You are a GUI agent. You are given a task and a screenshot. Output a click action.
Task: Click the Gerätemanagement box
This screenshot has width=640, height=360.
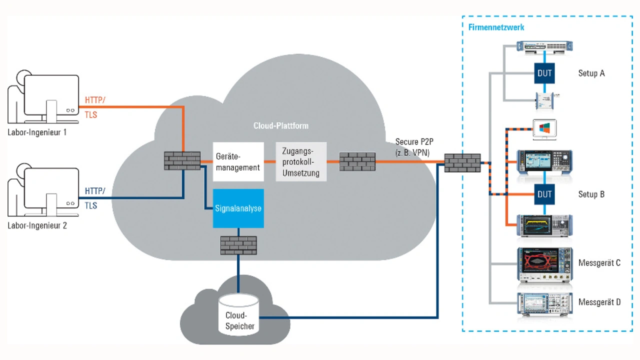(238, 161)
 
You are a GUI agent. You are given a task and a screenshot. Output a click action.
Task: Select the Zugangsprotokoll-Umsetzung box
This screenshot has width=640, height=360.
(301, 161)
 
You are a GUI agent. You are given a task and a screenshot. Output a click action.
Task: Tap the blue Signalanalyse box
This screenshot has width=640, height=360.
(238, 208)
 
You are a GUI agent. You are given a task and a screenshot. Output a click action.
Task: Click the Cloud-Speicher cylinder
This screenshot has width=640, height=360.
(238, 315)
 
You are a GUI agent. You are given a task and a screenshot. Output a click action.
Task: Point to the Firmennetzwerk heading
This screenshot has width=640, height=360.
(496, 27)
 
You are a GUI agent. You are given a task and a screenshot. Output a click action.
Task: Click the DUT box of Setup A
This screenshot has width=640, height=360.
(544, 73)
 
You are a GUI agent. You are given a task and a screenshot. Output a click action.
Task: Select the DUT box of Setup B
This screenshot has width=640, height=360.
(544, 194)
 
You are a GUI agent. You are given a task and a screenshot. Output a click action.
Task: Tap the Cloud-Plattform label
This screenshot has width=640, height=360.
(281, 125)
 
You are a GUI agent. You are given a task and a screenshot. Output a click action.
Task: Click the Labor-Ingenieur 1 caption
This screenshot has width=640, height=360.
(37, 132)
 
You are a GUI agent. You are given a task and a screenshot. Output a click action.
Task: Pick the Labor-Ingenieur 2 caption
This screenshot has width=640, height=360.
(37, 225)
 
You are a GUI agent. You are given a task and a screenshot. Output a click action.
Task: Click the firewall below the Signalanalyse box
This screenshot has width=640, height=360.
(238, 245)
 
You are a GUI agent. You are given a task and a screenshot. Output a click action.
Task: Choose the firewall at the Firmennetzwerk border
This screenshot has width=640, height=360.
(462, 163)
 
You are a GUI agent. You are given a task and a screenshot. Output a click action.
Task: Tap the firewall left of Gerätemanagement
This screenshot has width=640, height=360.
(182, 161)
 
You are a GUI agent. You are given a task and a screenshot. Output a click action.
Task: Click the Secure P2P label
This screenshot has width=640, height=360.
(414, 141)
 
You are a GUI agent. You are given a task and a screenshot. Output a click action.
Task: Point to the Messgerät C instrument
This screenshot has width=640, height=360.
(545, 264)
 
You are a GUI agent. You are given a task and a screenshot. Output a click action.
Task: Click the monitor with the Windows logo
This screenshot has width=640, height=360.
(544, 129)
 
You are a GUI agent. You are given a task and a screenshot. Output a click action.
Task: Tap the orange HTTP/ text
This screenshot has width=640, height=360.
(95, 100)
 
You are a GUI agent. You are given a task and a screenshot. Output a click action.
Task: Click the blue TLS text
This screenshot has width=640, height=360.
(91, 205)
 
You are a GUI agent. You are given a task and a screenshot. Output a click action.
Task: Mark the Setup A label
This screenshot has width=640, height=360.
(591, 73)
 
